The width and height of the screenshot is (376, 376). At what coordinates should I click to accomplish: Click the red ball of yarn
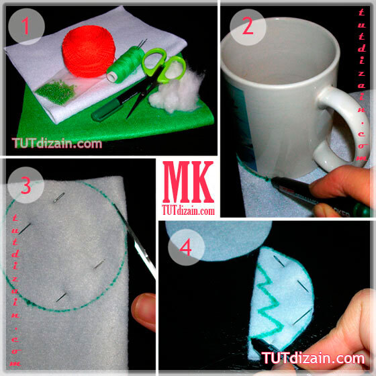pyautogui.click(x=89, y=51)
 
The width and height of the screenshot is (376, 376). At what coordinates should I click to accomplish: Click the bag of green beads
pyautogui.click(x=56, y=92)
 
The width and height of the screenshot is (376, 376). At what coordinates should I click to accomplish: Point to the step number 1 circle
pyautogui.click(x=26, y=26)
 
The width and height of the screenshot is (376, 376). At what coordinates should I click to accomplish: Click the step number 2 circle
pyautogui.click(x=248, y=27)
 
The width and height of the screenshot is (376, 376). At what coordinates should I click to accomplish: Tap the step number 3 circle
pyautogui.click(x=26, y=185)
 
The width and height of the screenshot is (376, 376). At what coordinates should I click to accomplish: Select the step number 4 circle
pyautogui.click(x=186, y=247)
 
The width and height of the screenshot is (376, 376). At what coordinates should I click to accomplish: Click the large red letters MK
pyautogui.click(x=188, y=182)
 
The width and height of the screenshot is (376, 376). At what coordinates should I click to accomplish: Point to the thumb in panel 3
pyautogui.click(x=144, y=312)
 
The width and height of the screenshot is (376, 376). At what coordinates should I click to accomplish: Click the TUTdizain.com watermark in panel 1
pyautogui.click(x=57, y=144)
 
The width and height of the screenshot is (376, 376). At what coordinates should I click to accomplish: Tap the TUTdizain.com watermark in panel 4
pyautogui.click(x=313, y=358)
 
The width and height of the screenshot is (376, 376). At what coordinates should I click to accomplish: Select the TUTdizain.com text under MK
pyautogui.click(x=188, y=210)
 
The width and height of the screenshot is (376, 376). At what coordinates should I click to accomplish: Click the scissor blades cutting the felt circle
pyautogui.click(x=136, y=242)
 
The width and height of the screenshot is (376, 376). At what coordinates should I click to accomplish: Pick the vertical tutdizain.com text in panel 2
pyautogui.click(x=362, y=85)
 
